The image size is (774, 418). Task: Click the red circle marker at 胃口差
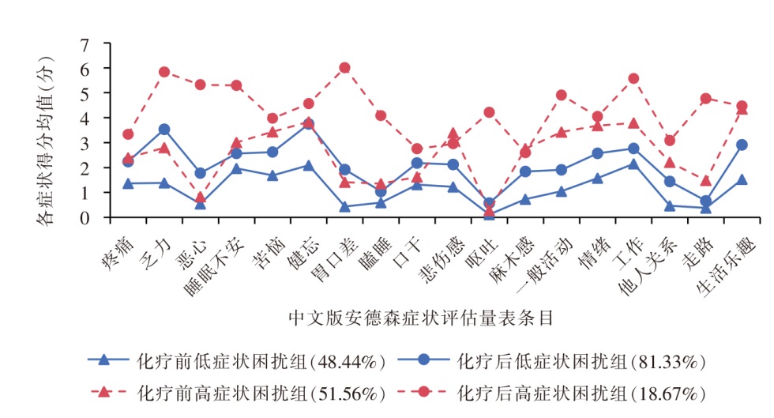pyautogui.click(x=344, y=68)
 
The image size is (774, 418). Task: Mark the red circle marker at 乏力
pyautogui.click(x=164, y=72)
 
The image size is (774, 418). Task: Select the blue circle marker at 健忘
pyautogui.click(x=308, y=124)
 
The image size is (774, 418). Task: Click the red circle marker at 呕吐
pyautogui.click(x=489, y=112)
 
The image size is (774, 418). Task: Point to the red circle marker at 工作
pyautogui.click(x=633, y=78)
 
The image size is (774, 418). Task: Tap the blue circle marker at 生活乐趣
pyautogui.click(x=742, y=145)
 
